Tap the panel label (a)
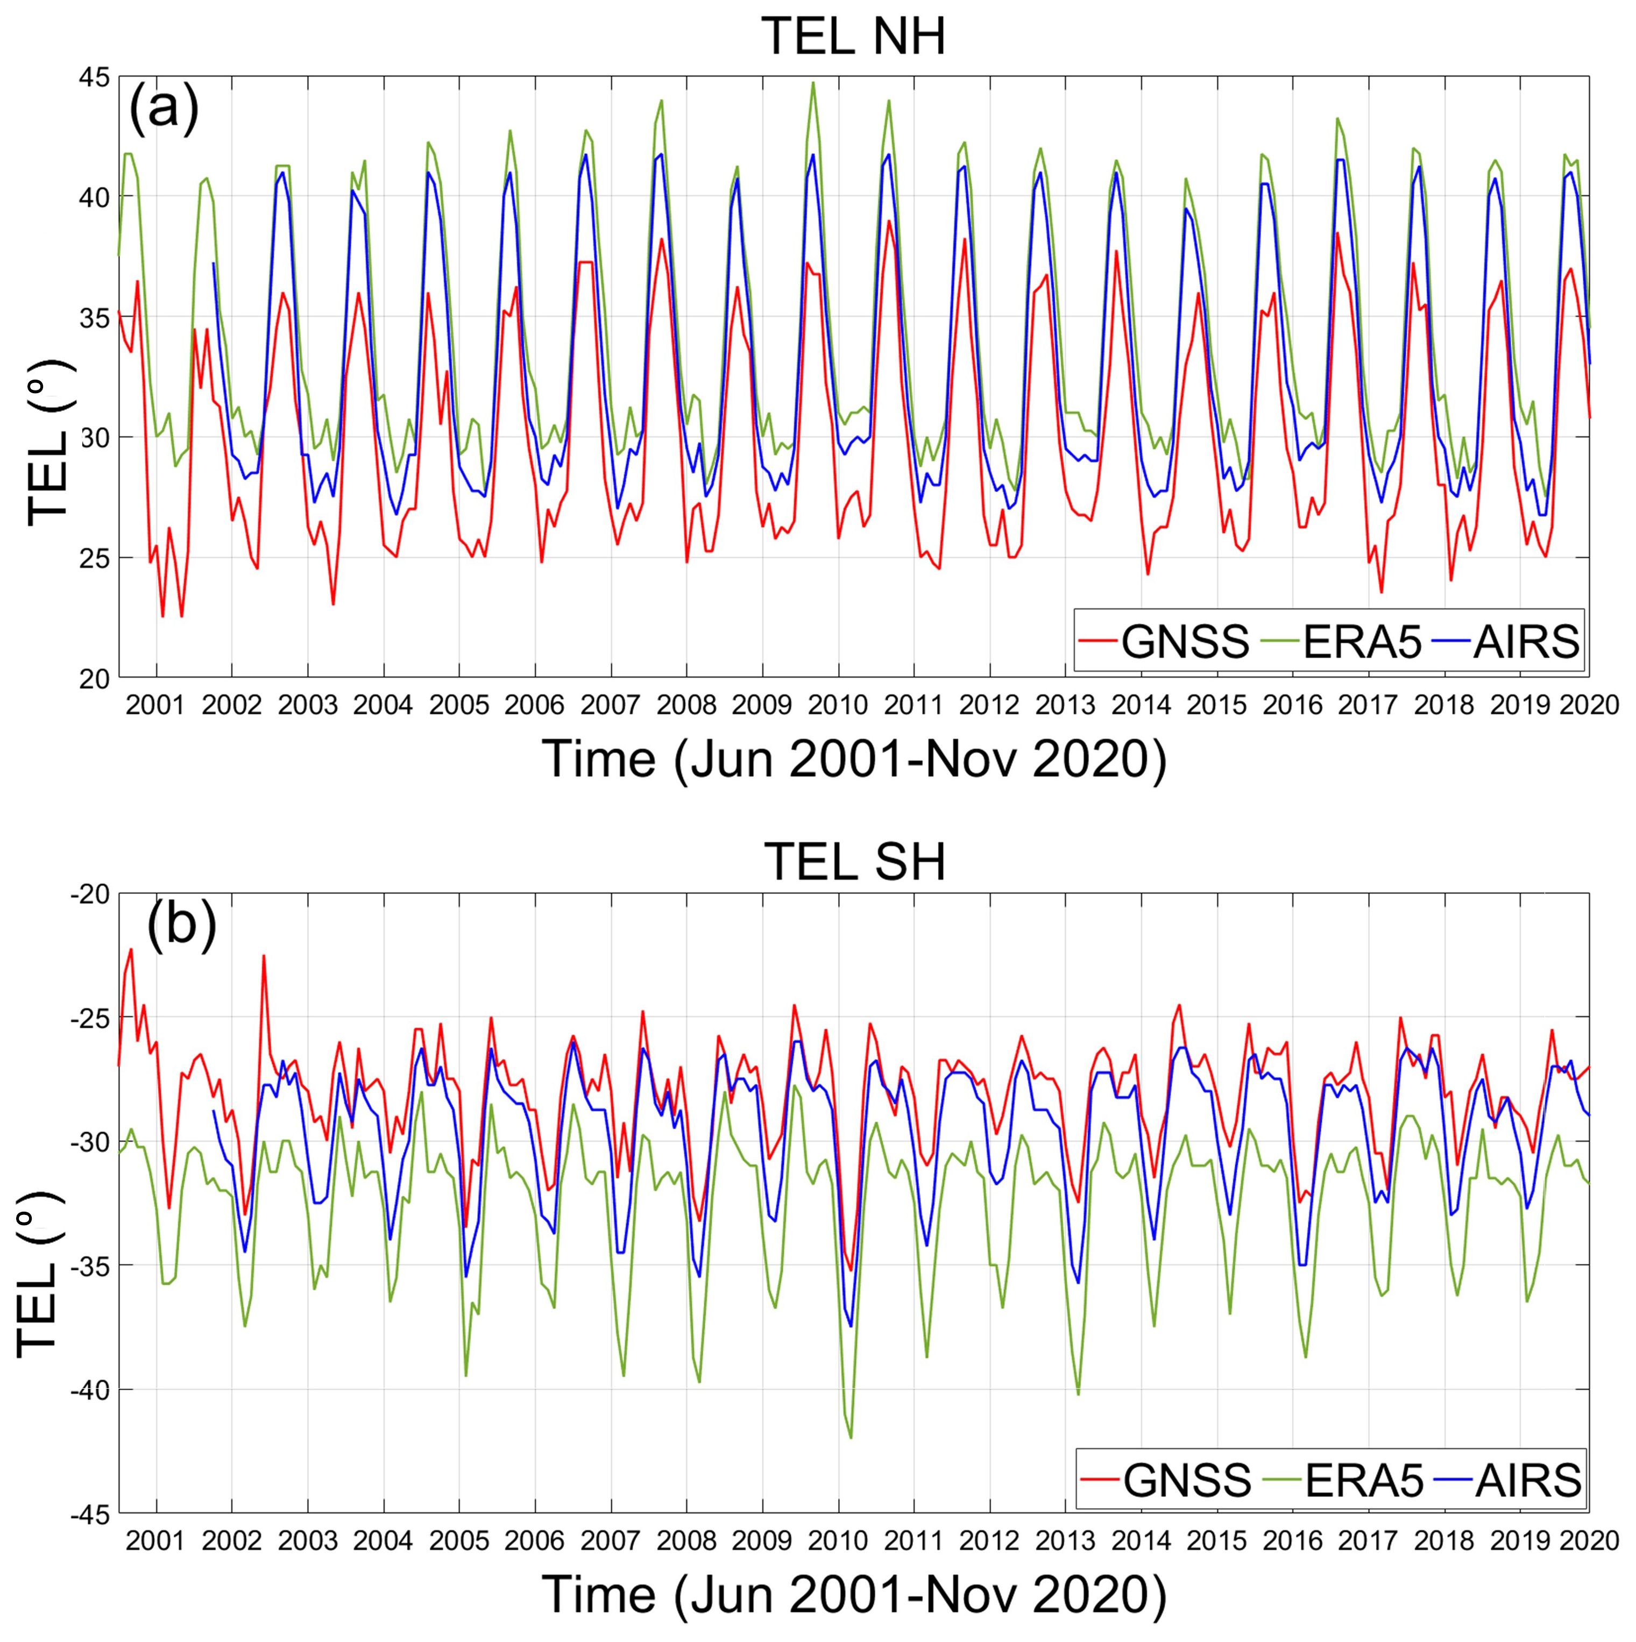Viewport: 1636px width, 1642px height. [x=163, y=109]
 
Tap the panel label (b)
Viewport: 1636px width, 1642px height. [x=181, y=926]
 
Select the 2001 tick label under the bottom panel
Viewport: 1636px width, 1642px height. [x=155, y=1539]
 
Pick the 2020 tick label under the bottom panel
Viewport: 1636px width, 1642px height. [x=1588, y=1539]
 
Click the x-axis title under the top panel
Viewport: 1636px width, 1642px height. [x=854, y=758]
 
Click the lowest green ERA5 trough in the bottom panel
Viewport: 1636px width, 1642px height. [x=851, y=1437]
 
